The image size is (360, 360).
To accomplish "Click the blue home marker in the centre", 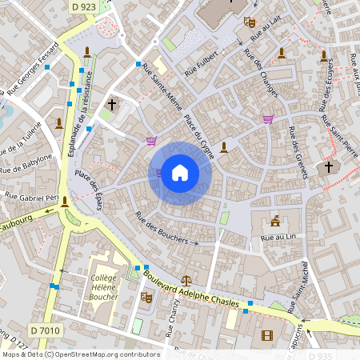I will click(179, 173).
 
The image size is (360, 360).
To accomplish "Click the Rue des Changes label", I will click(261, 75).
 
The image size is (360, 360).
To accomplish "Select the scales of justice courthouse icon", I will click(186, 282).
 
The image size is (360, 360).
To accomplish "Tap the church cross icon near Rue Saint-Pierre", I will click(328, 168).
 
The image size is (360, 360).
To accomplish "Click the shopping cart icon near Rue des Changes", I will click(268, 119).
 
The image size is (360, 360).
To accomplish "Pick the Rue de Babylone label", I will click(26, 163).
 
